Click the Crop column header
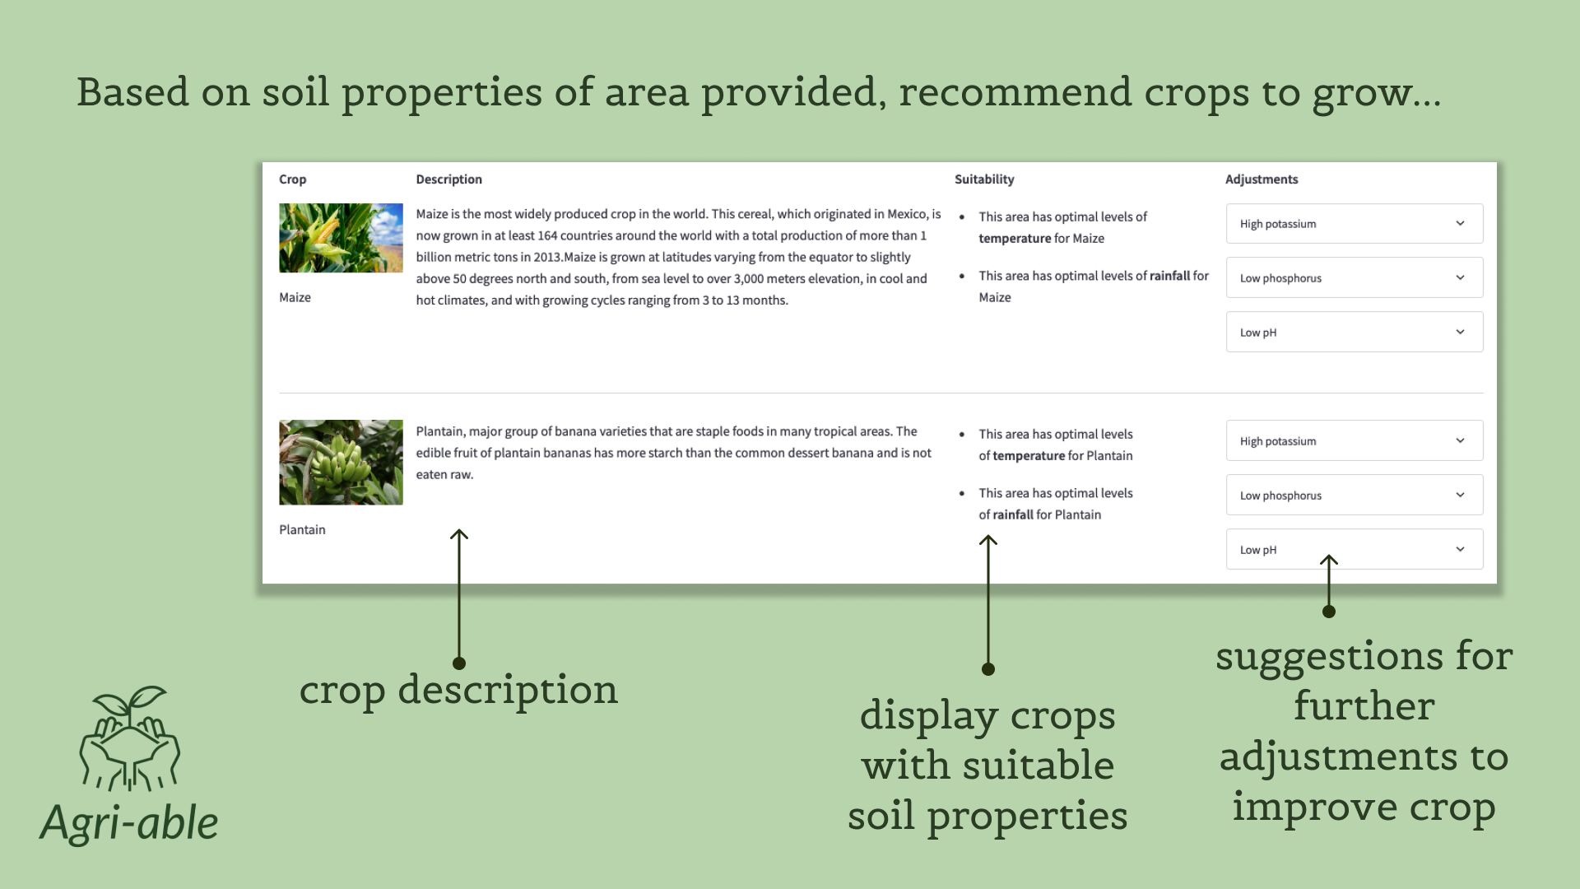coord(292,179)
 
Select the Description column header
coord(448,179)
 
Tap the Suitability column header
coord(984,179)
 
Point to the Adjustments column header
coord(1262,179)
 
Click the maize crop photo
coord(341,238)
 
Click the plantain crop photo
coord(341,463)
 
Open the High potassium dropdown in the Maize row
coord(1355,224)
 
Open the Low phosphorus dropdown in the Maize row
coord(1355,278)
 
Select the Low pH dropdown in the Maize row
coord(1355,333)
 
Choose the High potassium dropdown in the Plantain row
coord(1355,441)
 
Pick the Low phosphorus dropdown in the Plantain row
coord(1355,496)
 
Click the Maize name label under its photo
coord(295,298)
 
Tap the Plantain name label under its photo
coord(302,530)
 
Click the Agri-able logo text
coord(129,823)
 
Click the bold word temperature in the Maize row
coord(1015,239)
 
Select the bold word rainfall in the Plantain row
coord(1013,515)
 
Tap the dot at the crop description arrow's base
coord(459,663)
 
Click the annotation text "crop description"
coord(458,690)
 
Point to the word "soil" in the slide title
coord(295,91)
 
